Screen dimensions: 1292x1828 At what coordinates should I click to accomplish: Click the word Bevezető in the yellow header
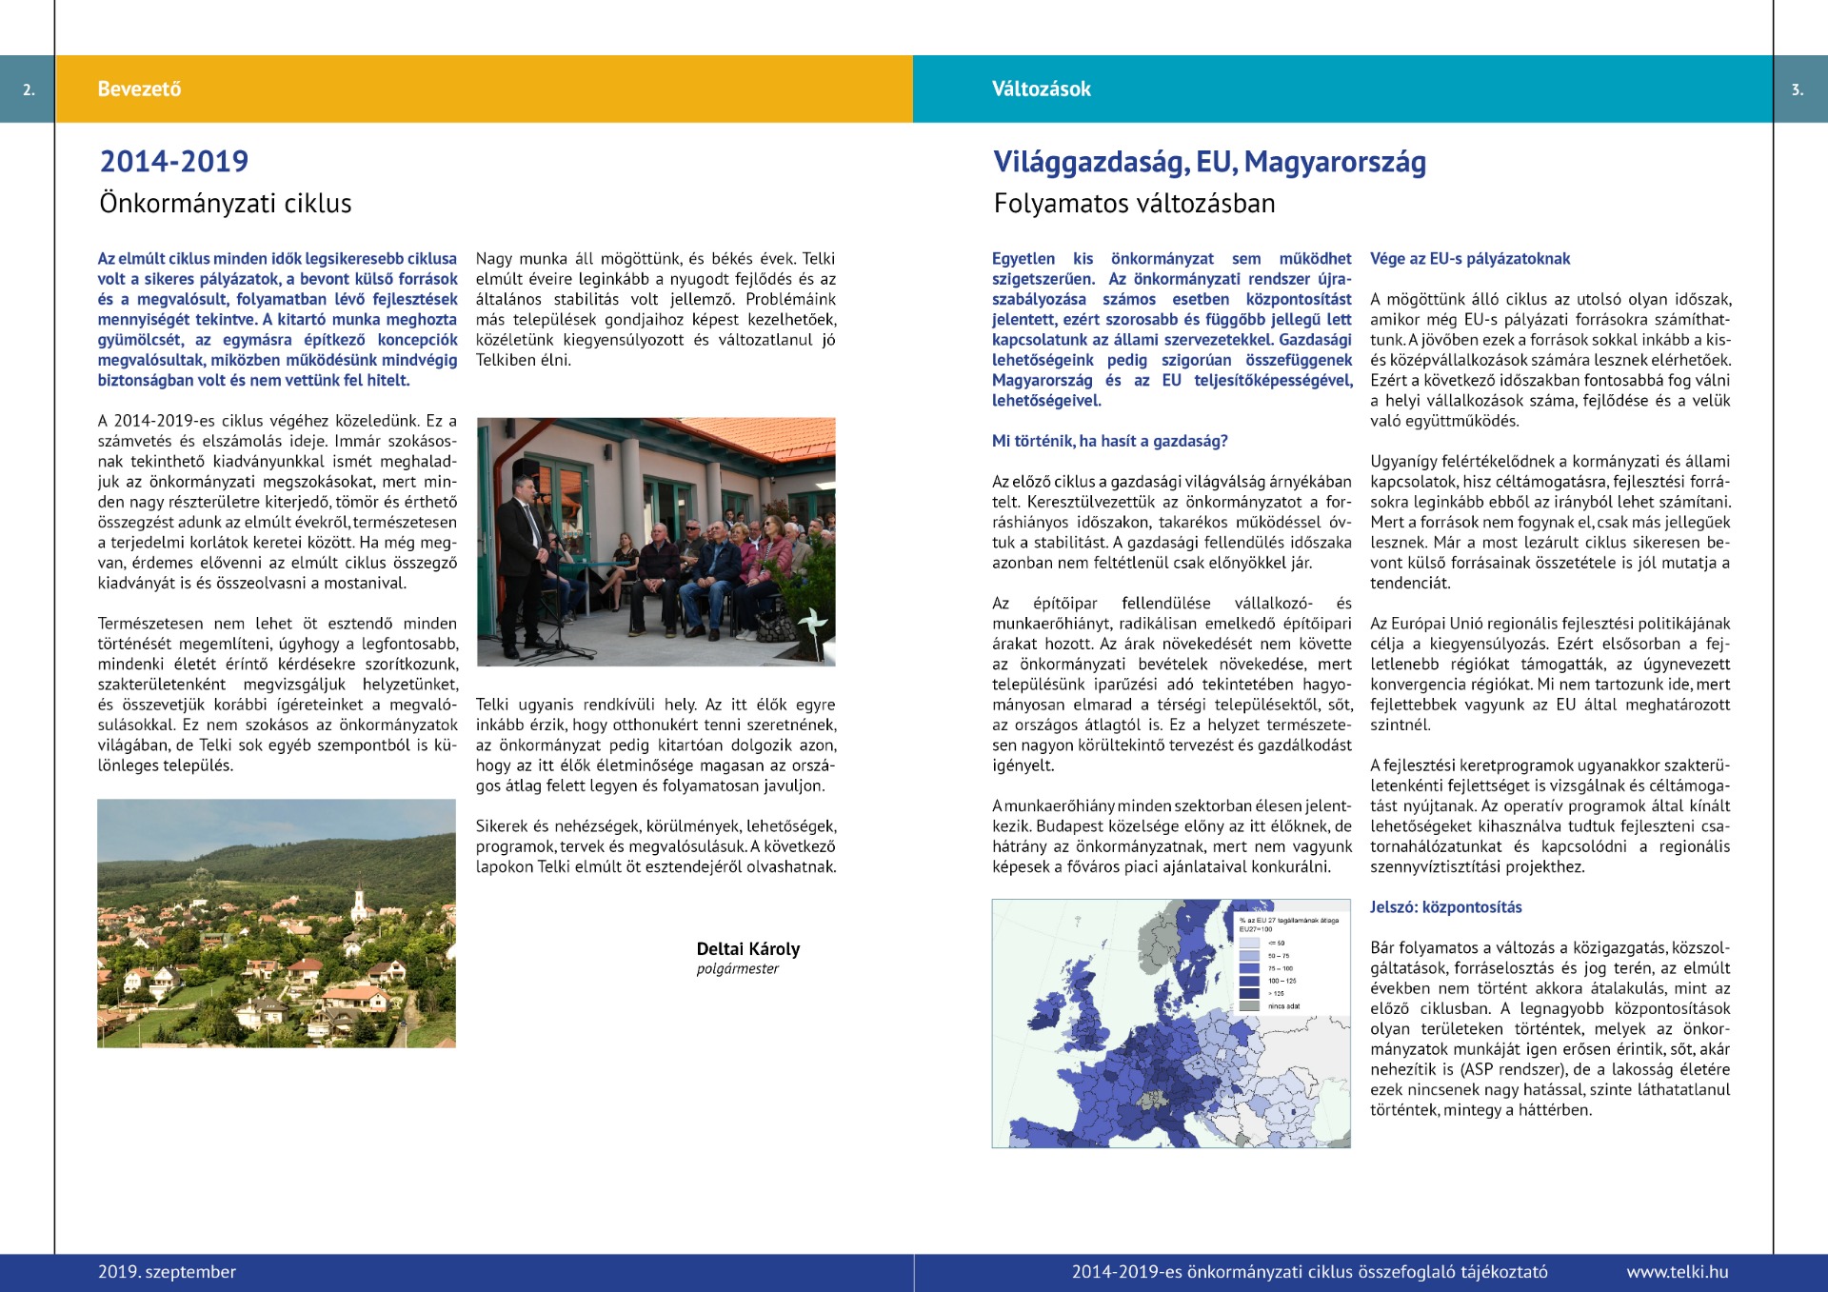click(139, 89)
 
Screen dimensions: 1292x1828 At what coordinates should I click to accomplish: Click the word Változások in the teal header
click(1041, 89)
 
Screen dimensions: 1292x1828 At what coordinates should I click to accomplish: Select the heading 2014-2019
click(174, 162)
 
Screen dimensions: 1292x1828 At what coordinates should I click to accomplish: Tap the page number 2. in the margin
click(29, 89)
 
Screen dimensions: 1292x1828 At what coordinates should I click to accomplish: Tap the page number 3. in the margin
click(1797, 89)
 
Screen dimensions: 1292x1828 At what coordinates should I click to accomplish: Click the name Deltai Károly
click(747, 949)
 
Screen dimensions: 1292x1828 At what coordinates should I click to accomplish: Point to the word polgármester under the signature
click(737, 969)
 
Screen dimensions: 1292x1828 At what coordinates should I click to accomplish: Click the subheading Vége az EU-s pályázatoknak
click(1469, 259)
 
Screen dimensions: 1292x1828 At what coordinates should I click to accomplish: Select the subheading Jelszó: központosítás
click(1445, 907)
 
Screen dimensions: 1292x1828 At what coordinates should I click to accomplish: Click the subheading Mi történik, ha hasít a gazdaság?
click(1109, 441)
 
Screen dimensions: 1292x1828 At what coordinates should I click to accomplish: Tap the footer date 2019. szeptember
click(167, 1272)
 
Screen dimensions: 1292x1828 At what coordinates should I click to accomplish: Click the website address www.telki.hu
click(1677, 1272)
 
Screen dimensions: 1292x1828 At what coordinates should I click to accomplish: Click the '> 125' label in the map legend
click(1277, 993)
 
